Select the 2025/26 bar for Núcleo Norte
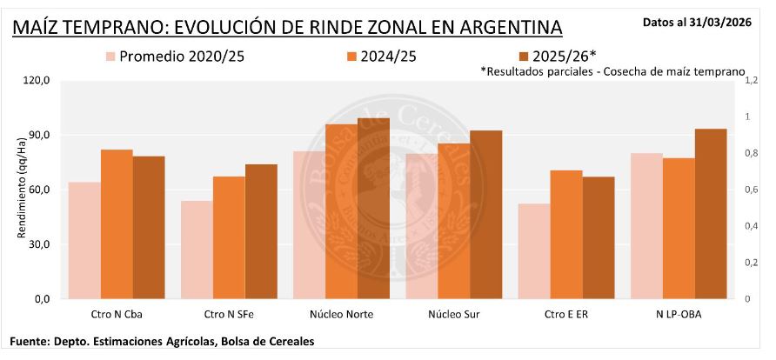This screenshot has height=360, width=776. click(373, 209)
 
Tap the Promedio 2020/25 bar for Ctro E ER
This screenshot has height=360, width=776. click(534, 251)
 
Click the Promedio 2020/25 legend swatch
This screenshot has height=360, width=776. click(110, 57)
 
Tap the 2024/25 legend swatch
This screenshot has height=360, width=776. click(352, 57)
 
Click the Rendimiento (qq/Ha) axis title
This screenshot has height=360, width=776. click(20, 190)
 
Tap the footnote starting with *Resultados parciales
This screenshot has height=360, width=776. click(612, 70)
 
